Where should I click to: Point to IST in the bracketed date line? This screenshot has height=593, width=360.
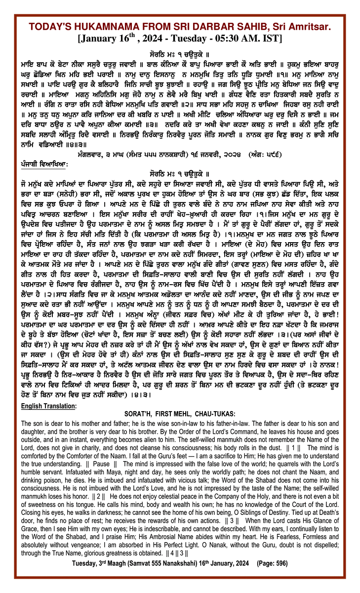(x=272, y=38)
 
